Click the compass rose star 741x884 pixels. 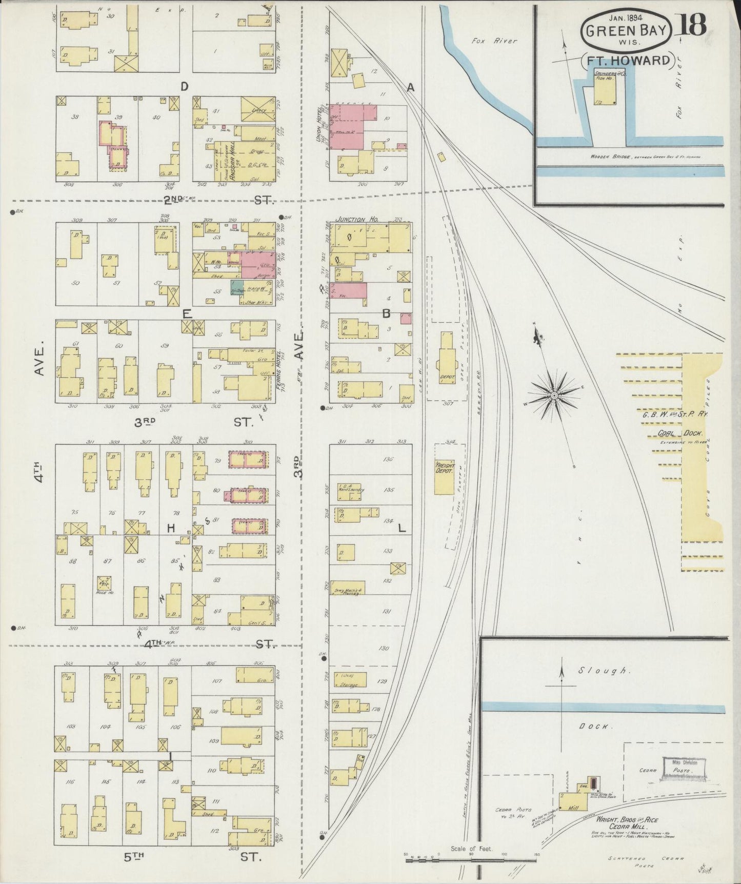[x=554, y=397]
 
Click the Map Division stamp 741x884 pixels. [x=682, y=768]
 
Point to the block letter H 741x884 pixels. [x=171, y=528]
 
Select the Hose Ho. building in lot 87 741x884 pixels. [x=105, y=582]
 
